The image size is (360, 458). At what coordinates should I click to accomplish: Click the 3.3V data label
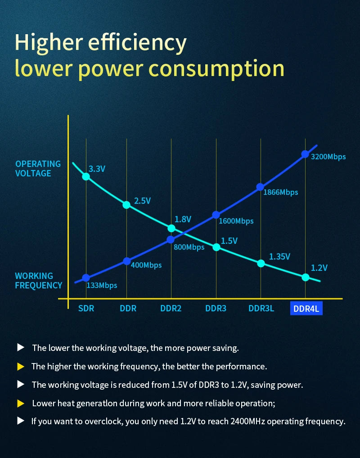97,169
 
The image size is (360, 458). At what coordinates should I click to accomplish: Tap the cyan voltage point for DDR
126,205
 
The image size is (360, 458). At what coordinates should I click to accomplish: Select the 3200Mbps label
328,157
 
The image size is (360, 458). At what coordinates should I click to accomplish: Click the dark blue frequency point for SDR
86,278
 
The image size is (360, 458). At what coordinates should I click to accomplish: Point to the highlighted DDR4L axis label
306,309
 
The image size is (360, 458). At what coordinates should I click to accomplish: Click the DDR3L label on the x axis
261,309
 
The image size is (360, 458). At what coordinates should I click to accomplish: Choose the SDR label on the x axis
86,309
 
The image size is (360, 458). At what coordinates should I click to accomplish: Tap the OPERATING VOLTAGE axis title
38,169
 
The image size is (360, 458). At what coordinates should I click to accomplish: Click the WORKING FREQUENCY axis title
39,281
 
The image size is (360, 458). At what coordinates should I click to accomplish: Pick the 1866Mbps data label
280,192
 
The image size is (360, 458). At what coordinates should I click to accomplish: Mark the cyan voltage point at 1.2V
306,277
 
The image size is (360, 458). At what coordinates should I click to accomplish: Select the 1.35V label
279,257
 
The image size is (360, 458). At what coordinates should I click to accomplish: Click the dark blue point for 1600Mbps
216,215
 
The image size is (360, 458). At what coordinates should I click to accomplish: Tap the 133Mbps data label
102,285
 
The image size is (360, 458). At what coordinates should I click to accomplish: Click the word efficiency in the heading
137,43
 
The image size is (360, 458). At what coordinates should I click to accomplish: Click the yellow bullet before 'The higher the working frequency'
20,367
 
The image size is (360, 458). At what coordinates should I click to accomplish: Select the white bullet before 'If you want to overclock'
20,421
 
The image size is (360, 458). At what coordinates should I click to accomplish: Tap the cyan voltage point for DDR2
171,228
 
